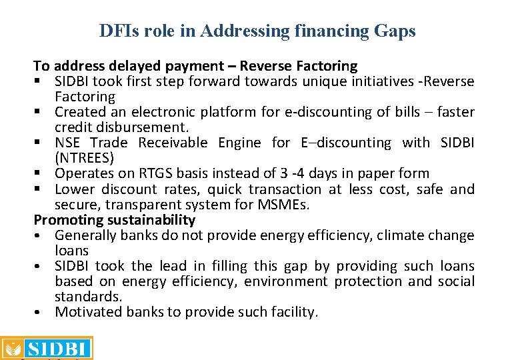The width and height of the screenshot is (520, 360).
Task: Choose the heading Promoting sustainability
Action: pos(115,219)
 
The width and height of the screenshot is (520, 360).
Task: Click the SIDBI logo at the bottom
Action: pos(47,348)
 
